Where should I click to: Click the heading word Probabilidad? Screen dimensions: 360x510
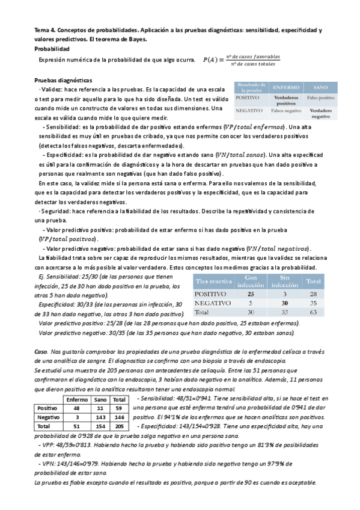[x=52, y=49]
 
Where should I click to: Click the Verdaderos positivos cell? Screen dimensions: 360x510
[x=285, y=99]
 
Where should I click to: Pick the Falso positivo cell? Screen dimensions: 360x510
[x=320, y=97]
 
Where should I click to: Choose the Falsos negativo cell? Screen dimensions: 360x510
[x=285, y=112]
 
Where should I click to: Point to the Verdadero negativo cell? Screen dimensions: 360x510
[x=320, y=114]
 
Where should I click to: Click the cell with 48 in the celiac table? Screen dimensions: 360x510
[x=76, y=408]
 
